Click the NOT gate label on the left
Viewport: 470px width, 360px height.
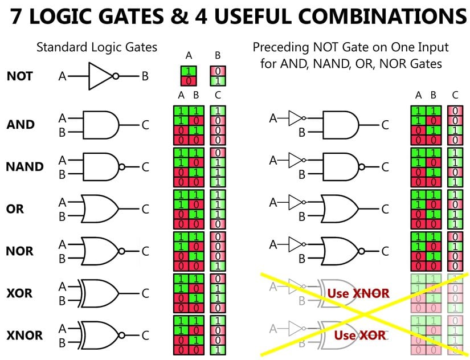coord(19,76)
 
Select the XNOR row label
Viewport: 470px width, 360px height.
coord(24,335)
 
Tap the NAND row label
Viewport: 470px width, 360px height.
coord(24,167)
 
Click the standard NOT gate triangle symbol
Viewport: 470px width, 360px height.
coord(101,76)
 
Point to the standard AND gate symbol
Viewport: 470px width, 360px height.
coord(101,125)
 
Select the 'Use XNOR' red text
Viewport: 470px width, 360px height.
coord(358,294)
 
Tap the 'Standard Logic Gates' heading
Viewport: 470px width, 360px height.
coord(97,47)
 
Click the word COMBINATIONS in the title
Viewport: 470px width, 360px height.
coord(374,17)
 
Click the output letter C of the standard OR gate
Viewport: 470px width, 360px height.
coord(145,209)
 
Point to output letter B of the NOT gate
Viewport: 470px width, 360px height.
coord(145,76)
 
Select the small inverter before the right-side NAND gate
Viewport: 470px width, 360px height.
coord(295,160)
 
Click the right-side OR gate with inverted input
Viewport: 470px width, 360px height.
coord(342,209)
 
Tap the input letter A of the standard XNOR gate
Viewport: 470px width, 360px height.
coord(62,329)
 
